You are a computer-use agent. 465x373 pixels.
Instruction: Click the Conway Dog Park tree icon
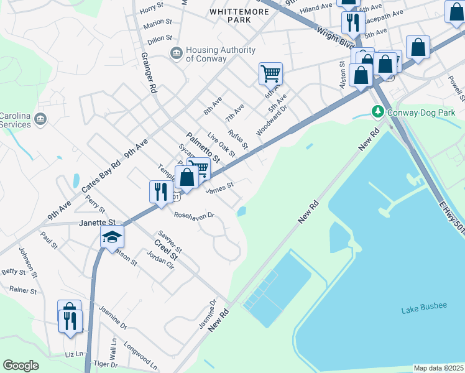(377, 112)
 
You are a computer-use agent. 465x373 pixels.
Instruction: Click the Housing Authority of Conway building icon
(177, 54)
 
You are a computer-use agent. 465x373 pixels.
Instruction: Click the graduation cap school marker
(113, 237)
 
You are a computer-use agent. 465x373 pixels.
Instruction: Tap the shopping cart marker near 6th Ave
(270, 73)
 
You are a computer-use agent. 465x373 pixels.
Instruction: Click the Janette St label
(97, 222)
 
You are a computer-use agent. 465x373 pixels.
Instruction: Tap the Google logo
(21, 366)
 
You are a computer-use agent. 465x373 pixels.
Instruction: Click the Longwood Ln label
(140, 352)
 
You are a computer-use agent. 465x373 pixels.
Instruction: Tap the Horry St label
(151, 9)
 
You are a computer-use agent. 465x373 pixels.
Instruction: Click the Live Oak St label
(221, 144)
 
